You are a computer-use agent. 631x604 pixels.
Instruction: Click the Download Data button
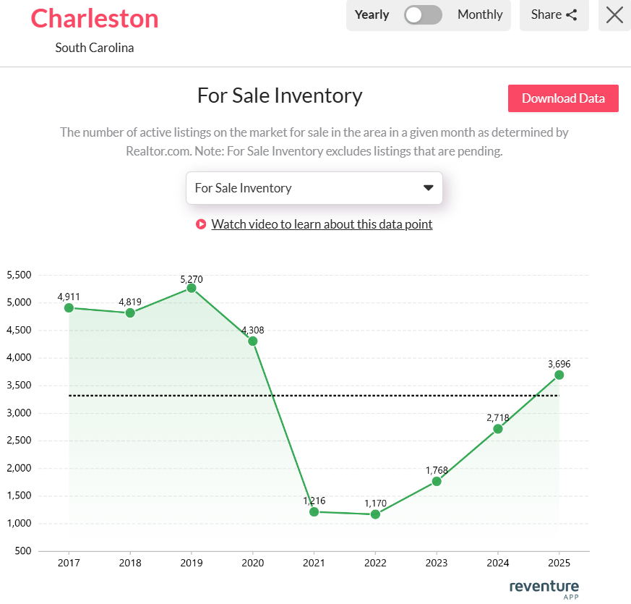[563, 98]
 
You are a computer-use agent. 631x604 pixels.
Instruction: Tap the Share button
[554, 14]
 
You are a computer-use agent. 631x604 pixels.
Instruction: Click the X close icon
[614, 14]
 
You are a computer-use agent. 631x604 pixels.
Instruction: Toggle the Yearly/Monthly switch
[423, 14]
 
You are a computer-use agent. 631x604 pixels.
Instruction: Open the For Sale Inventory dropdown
[314, 188]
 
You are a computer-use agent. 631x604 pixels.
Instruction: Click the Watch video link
[322, 224]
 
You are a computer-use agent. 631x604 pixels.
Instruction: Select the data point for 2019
[192, 288]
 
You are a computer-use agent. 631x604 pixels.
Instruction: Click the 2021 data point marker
[314, 512]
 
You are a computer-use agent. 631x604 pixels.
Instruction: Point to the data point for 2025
[559, 375]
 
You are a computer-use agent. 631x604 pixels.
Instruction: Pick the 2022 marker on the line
[375, 514]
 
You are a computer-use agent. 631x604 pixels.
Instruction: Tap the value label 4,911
[69, 296]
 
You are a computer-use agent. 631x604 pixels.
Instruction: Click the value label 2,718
[497, 417]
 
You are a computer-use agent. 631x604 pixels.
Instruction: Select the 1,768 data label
[437, 469]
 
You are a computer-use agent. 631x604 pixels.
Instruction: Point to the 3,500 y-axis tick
[19, 386]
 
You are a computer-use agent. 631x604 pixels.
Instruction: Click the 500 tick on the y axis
[25, 551]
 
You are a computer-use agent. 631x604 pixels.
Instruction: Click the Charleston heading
[95, 18]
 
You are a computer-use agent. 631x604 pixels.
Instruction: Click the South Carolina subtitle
[95, 48]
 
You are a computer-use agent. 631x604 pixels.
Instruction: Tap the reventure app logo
[544, 587]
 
